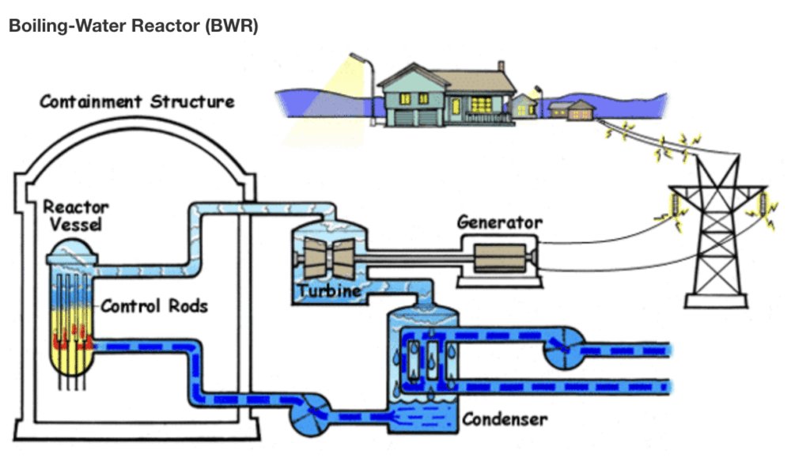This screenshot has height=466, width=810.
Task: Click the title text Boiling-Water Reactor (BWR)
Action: coord(133,25)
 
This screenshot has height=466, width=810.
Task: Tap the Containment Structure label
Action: coord(137,101)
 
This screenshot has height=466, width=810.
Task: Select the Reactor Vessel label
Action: coord(76,215)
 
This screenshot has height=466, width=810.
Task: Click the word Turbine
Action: coord(330,291)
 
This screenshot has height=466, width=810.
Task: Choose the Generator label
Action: coord(500,222)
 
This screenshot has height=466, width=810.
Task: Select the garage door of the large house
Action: coord(404,117)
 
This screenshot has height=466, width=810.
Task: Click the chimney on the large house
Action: coord(501,66)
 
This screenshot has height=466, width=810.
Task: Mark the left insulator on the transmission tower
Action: coord(675,203)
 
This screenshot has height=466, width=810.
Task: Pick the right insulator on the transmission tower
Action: coord(762,204)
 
